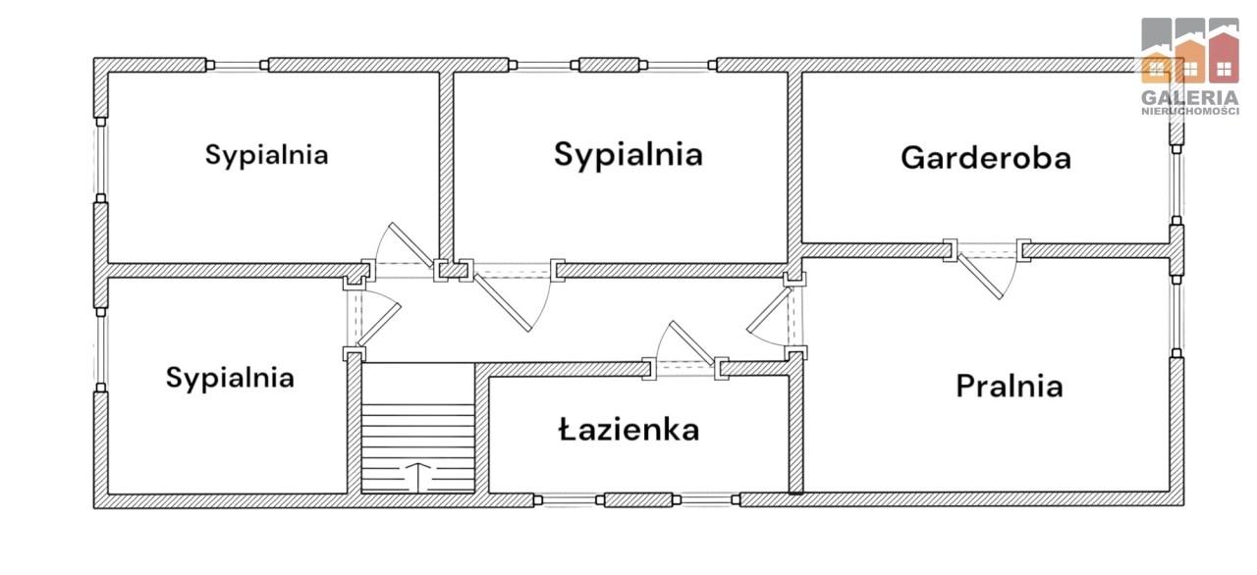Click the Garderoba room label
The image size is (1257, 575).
point(986,157)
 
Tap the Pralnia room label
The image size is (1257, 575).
point(1010,387)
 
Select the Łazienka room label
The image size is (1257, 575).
point(629,430)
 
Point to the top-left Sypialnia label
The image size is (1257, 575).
point(266,155)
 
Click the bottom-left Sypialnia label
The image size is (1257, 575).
point(230,378)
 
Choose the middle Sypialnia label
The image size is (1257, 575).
point(628,154)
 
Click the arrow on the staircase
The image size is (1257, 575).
point(418,476)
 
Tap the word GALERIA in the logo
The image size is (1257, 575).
point(1189,97)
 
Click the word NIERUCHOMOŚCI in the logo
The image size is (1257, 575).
point(1190,111)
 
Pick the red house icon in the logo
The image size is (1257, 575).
point(1224,57)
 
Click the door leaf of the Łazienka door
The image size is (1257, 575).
point(692,343)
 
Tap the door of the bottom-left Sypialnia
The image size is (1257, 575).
point(379,325)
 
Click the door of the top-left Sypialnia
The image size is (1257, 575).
point(410,245)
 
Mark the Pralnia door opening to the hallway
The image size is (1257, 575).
point(769,309)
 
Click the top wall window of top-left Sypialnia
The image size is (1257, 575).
point(238,66)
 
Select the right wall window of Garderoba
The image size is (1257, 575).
point(1176,184)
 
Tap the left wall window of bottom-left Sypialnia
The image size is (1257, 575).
point(100,348)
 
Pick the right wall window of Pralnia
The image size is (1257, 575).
point(1176,316)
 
